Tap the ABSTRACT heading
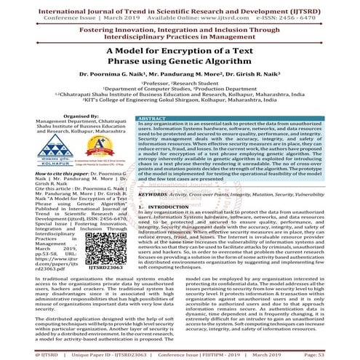(x=151, y=117)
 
